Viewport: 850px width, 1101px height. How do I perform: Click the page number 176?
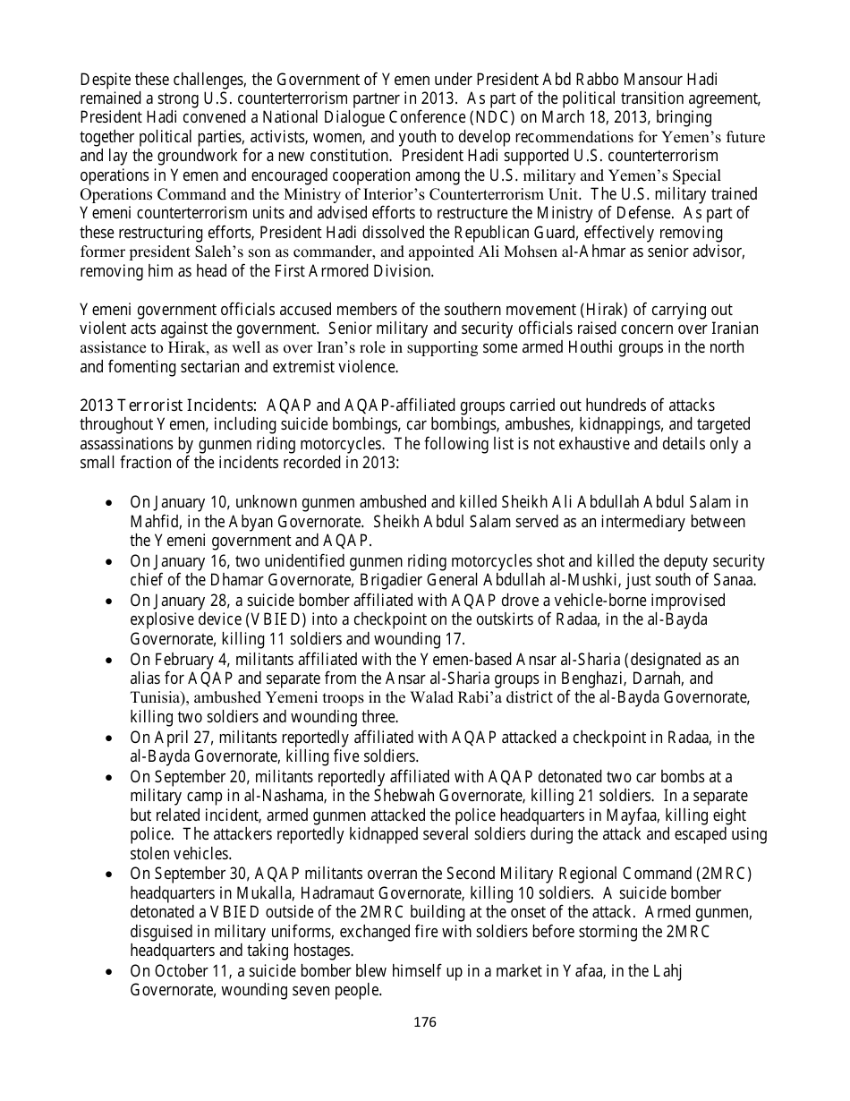425,1021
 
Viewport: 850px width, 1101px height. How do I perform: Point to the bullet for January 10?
109,503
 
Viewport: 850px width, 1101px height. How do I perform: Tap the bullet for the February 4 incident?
109,660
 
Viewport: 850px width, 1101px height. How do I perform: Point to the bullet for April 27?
109,738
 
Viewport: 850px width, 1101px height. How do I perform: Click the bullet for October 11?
109,972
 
